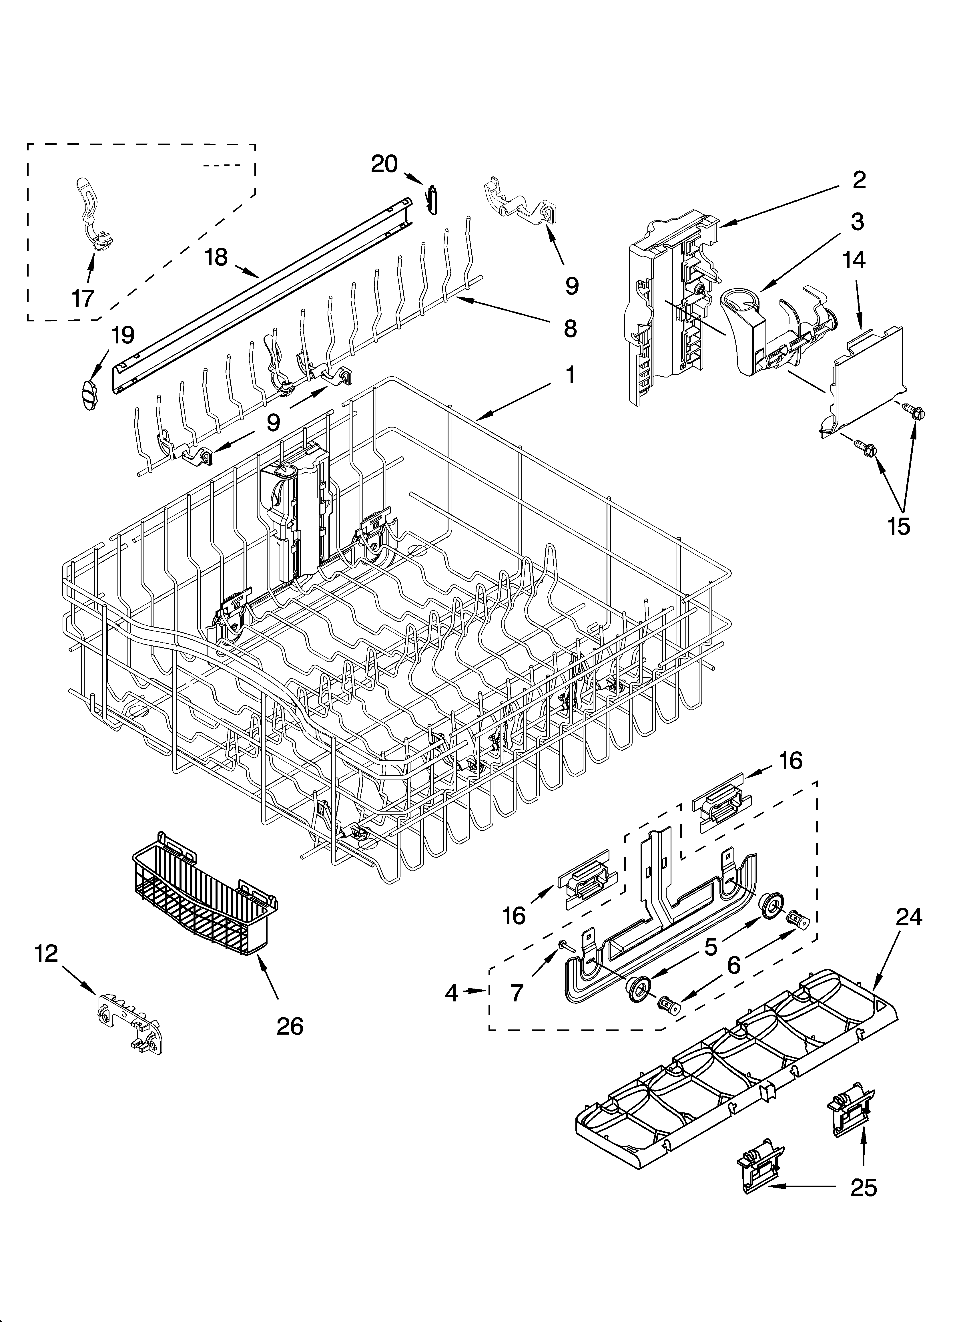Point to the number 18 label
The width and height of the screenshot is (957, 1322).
point(216,257)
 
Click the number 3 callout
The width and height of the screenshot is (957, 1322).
point(857,222)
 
